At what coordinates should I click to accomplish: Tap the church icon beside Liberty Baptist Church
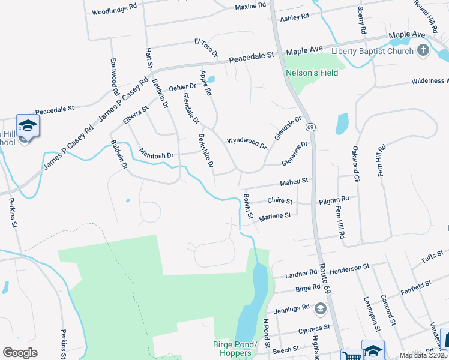point(423,50)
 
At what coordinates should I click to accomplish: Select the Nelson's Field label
point(312,73)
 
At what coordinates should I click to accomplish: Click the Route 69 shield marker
point(310,127)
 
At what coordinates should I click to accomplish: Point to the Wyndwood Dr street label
point(246,143)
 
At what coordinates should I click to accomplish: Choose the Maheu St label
point(294,181)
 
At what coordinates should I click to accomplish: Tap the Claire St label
point(280,201)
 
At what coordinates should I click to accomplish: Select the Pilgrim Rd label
point(334,199)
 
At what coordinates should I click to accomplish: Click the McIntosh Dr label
point(156,154)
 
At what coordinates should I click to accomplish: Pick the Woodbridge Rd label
point(115,11)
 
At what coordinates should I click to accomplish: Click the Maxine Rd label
point(250,5)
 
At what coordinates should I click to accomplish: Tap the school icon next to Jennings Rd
point(321,309)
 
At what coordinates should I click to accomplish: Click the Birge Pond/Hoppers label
point(235,349)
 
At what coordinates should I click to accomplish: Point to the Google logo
point(20,352)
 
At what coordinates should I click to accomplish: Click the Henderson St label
point(349,267)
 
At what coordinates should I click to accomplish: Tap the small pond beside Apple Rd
point(211,79)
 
